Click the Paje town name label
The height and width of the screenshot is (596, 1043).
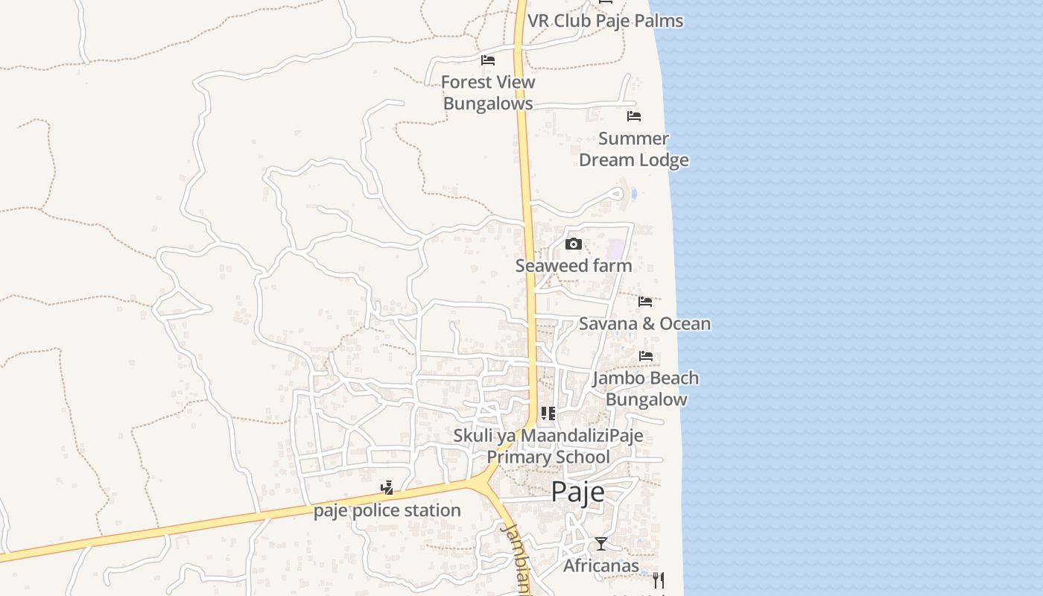pyautogui.click(x=577, y=492)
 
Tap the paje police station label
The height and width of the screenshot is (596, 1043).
pyautogui.click(x=387, y=510)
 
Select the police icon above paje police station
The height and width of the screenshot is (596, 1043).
pyautogui.click(x=387, y=489)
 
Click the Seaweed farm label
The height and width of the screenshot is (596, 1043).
pyautogui.click(x=574, y=266)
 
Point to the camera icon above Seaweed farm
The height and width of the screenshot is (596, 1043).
pyautogui.click(x=573, y=244)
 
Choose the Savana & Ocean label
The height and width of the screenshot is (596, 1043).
pyautogui.click(x=644, y=323)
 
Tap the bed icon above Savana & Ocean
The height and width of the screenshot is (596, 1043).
pyautogui.click(x=645, y=302)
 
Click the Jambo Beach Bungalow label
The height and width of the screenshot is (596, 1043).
pyautogui.click(x=646, y=388)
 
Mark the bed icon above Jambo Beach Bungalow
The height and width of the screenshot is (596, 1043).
pyautogui.click(x=645, y=356)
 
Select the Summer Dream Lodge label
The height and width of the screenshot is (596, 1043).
pyautogui.click(x=634, y=149)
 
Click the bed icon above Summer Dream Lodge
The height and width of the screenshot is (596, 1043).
pyautogui.click(x=634, y=116)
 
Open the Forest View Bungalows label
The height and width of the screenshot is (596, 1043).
pyautogui.click(x=488, y=92)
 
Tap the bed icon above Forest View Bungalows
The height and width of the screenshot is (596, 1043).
pyautogui.click(x=488, y=60)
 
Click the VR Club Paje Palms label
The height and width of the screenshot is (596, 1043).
pyautogui.click(x=605, y=20)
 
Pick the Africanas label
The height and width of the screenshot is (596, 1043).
pyautogui.click(x=601, y=565)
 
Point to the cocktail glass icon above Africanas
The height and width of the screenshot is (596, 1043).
pyautogui.click(x=601, y=544)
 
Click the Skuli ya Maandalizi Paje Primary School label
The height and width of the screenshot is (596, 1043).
pyautogui.click(x=548, y=446)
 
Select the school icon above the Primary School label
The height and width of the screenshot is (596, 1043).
pyautogui.click(x=548, y=413)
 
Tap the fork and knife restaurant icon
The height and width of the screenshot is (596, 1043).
pyautogui.click(x=658, y=580)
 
